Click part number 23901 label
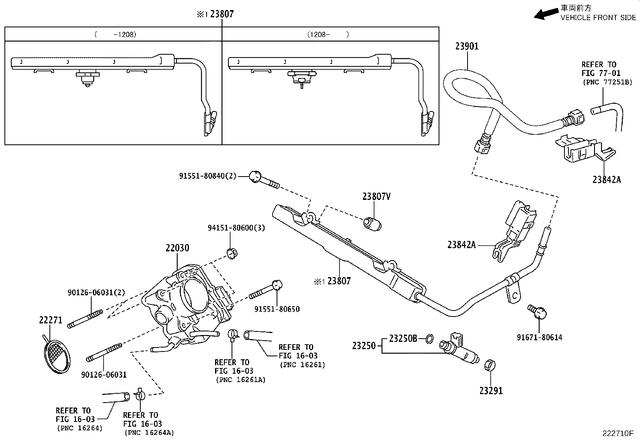click(x=467, y=46)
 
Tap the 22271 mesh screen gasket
click(x=56, y=356)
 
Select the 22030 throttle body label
click(x=177, y=248)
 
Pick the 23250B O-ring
click(x=429, y=339)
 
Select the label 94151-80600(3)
click(x=236, y=228)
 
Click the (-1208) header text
click(x=115, y=35)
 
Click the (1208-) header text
click(x=328, y=35)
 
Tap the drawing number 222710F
click(x=617, y=434)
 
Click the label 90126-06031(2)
click(x=96, y=292)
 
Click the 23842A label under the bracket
click(x=606, y=180)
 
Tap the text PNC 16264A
click(x=150, y=433)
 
